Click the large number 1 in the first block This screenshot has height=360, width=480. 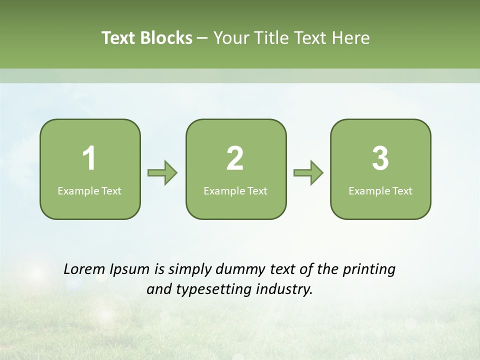[89, 158]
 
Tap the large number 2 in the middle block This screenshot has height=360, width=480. [235, 158]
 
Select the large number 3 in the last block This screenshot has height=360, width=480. [380, 158]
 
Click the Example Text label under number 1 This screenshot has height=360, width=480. [89, 191]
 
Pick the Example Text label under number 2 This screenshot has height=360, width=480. [235, 191]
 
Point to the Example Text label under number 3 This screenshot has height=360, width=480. [380, 191]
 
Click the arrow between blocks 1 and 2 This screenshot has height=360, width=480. [162, 173]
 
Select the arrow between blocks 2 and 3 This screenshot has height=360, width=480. [308, 173]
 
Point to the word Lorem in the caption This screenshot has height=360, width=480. [83, 269]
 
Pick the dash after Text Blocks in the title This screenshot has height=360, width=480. [203, 38]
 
